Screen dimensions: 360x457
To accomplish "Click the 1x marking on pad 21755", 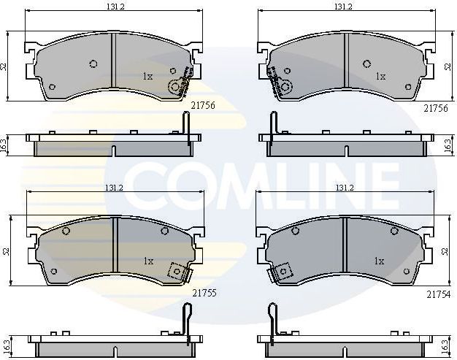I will pos(148,261).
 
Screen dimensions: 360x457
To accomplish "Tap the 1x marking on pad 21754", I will pos(380,261).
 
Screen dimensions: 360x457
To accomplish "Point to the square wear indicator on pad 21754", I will pos(283,272).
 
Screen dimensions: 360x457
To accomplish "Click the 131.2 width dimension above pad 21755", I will pos(113,188).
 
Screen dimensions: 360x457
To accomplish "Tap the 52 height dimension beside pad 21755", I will pos(5,251).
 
